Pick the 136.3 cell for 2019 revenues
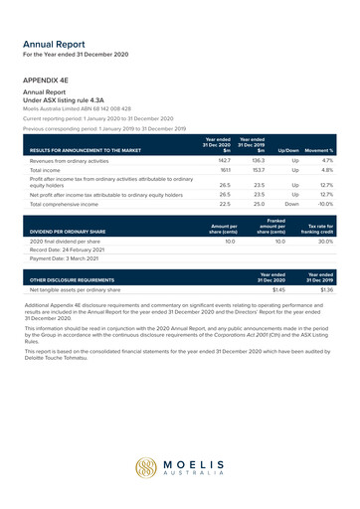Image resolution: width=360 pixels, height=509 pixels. [258, 159]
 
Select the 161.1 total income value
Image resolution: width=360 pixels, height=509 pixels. [225, 170]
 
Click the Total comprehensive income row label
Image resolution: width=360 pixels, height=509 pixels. [72, 204]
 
